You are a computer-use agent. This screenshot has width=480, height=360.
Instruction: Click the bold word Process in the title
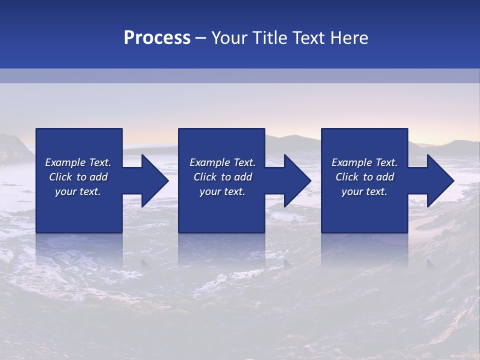(157, 38)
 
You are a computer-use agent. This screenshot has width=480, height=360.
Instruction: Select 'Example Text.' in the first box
(78, 162)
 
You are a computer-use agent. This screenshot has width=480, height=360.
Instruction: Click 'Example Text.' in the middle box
(222, 162)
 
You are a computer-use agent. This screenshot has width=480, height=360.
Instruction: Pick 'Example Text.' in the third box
(364, 162)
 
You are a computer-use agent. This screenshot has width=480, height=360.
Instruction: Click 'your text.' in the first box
(78, 191)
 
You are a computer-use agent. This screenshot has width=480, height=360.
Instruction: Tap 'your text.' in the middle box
(222, 191)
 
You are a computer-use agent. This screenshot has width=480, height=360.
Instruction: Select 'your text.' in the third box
(364, 191)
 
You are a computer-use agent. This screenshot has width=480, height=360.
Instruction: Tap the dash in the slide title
(200, 38)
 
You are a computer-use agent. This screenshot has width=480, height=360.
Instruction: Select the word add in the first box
(98, 177)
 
